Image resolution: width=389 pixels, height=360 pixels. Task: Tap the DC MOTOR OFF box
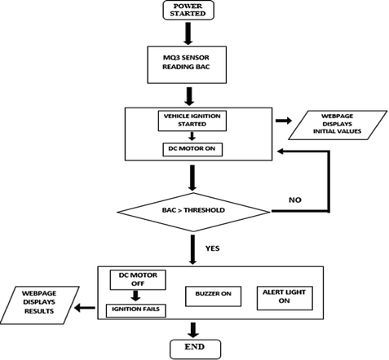138,279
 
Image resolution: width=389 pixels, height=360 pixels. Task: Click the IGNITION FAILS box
138,310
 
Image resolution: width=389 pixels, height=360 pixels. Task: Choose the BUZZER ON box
213,294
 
